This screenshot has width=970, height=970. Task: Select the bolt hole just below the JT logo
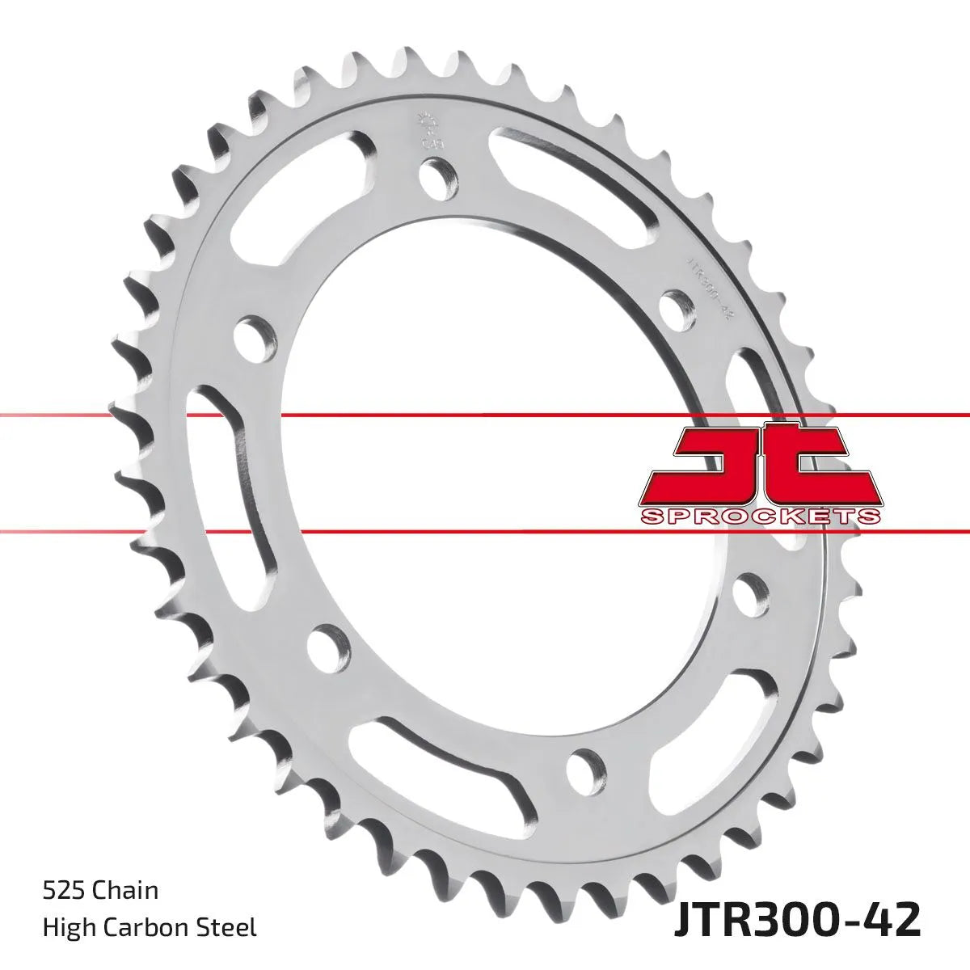(x=752, y=593)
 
